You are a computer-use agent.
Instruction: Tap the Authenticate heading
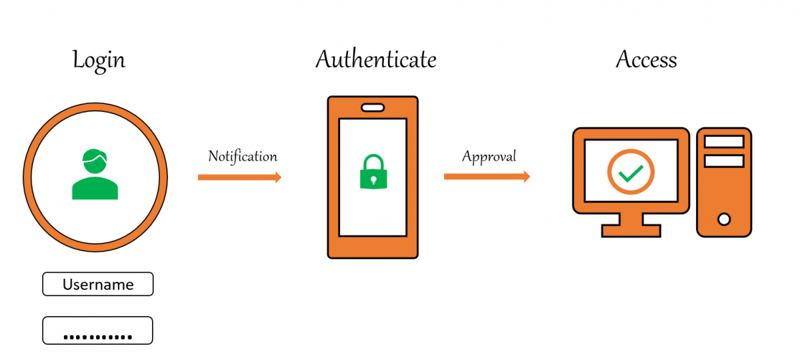click(376, 59)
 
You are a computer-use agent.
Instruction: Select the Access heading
click(647, 59)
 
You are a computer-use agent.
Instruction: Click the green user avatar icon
click(95, 174)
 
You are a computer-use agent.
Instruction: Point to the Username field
click(98, 284)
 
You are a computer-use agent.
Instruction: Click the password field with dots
click(97, 331)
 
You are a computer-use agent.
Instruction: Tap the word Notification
click(243, 157)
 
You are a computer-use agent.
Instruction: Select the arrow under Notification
click(239, 177)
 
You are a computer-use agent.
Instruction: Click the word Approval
click(489, 157)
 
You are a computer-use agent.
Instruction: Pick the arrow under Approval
click(487, 177)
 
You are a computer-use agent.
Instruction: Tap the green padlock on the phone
click(373, 171)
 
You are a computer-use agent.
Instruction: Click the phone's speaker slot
click(373, 107)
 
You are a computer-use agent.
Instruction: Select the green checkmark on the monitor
click(631, 173)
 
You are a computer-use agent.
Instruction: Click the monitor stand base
click(631, 231)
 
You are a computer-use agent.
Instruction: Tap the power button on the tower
click(724, 219)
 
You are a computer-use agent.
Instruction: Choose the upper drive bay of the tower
click(724, 141)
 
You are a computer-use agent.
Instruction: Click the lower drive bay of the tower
click(724, 161)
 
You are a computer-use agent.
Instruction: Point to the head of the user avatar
click(95, 161)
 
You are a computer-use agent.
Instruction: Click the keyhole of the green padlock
click(373, 179)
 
